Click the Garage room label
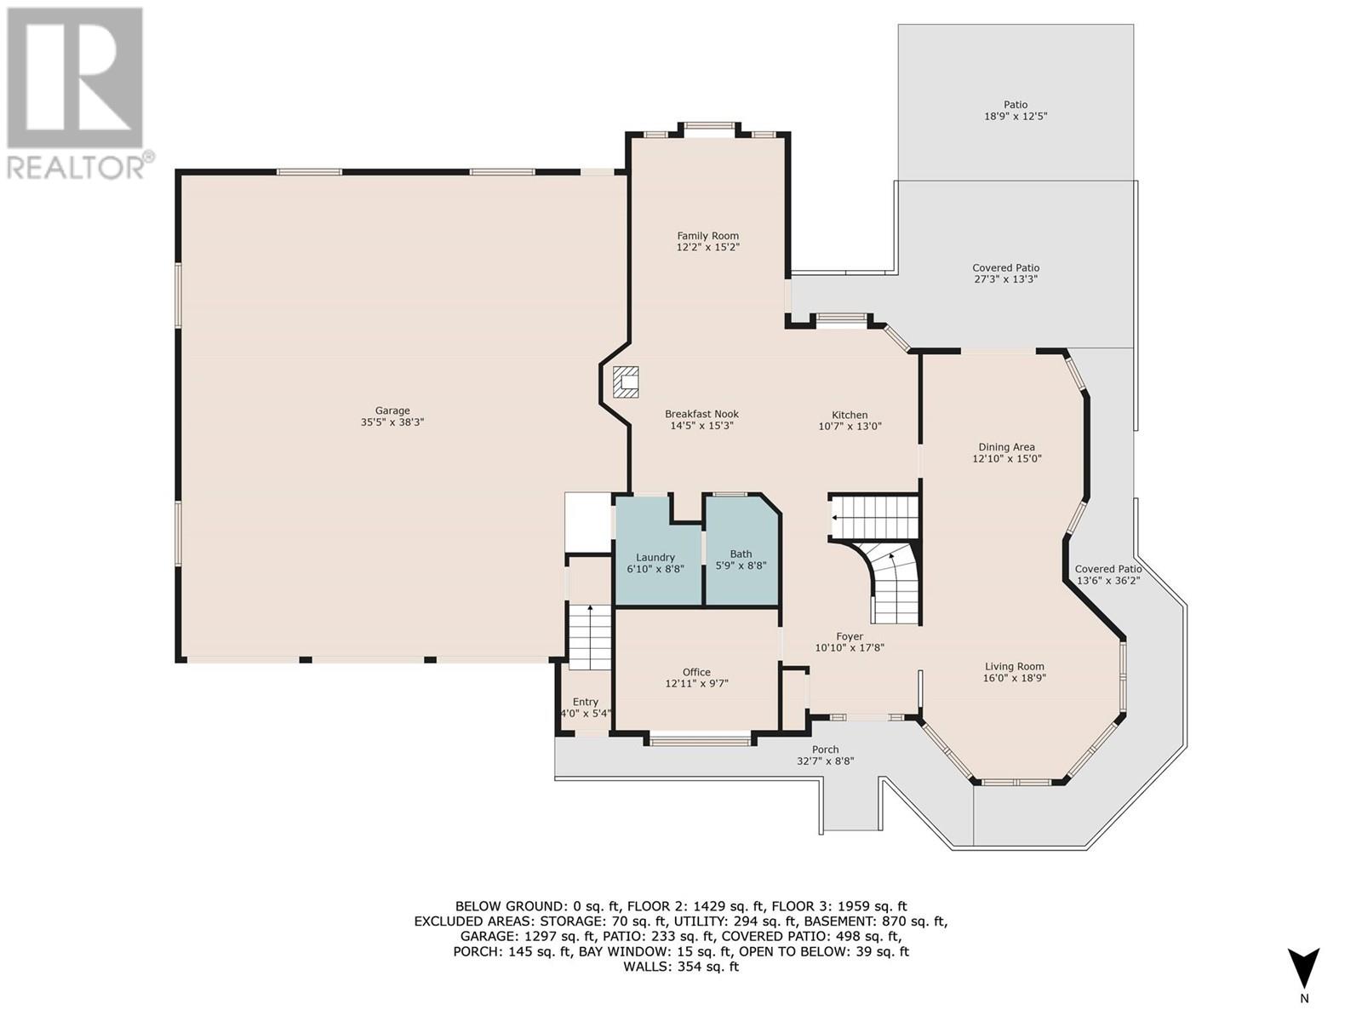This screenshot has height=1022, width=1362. pyautogui.click(x=392, y=411)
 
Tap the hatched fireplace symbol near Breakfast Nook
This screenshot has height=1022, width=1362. pyautogui.click(x=626, y=382)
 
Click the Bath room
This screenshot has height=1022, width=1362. pyautogui.click(x=742, y=550)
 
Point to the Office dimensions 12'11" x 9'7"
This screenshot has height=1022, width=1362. pyautogui.click(x=696, y=684)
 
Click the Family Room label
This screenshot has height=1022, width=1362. pyautogui.click(x=708, y=236)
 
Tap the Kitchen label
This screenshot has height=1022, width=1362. pyautogui.click(x=850, y=415)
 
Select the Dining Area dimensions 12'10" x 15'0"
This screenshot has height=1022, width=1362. pyautogui.click(x=1006, y=458)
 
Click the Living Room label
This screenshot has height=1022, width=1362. pyautogui.click(x=1015, y=667)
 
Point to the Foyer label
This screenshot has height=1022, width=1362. pyautogui.click(x=850, y=637)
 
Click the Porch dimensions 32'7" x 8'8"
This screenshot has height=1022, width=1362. pyautogui.click(x=825, y=761)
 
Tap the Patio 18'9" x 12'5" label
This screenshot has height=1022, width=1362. pyautogui.click(x=1016, y=111)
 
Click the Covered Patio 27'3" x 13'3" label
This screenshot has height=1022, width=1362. pyautogui.click(x=1006, y=273)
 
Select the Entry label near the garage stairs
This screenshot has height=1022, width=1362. pyautogui.click(x=585, y=702)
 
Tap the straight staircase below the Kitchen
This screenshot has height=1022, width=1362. pyautogui.click(x=873, y=517)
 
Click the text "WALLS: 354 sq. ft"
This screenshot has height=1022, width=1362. pyautogui.click(x=681, y=985)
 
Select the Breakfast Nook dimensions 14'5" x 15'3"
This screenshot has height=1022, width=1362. pyautogui.click(x=701, y=426)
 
